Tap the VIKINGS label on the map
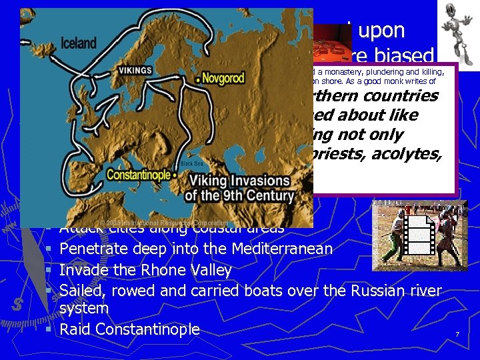tap(135, 71)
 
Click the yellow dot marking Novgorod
tap(197, 79)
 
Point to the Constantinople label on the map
tap(138, 175)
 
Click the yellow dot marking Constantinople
tap(175, 175)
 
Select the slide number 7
tap(457, 333)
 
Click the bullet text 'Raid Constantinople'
tap(129, 329)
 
